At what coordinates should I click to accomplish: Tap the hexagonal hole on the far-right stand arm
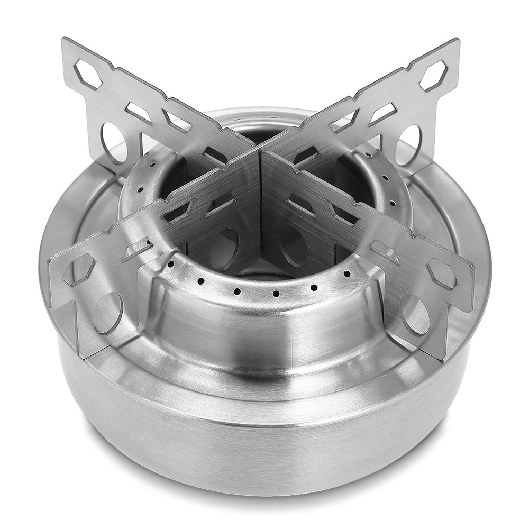pyautogui.click(x=434, y=75)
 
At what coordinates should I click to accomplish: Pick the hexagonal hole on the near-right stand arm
pyautogui.click(x=443, y=273)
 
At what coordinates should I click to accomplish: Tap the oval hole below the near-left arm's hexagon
pyautogui.click(x=108, y=313)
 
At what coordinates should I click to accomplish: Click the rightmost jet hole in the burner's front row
pyautogui.click(x=347, y=274)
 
